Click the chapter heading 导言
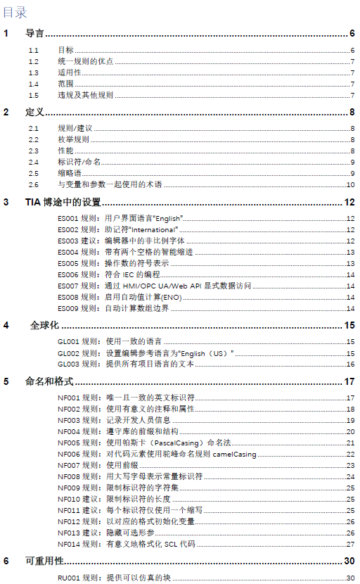[x=34, y=33]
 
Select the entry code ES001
[x=67, y=220]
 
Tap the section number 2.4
[x=34, y=163]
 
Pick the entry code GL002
[x=67, y=353]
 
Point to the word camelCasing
[x=237, y=455]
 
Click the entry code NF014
[x=67, y=544]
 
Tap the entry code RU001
[x=67, y=578]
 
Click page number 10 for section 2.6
[x=349, y=185]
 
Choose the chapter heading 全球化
[x=44, y=326]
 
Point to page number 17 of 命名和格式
[x=349, y=382]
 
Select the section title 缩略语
[x=69, y=174]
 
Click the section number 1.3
[x=34, y=73]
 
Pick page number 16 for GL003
[x=349, y=364]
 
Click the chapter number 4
[x=6, y=326]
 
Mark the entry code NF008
[x=67, y=477]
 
